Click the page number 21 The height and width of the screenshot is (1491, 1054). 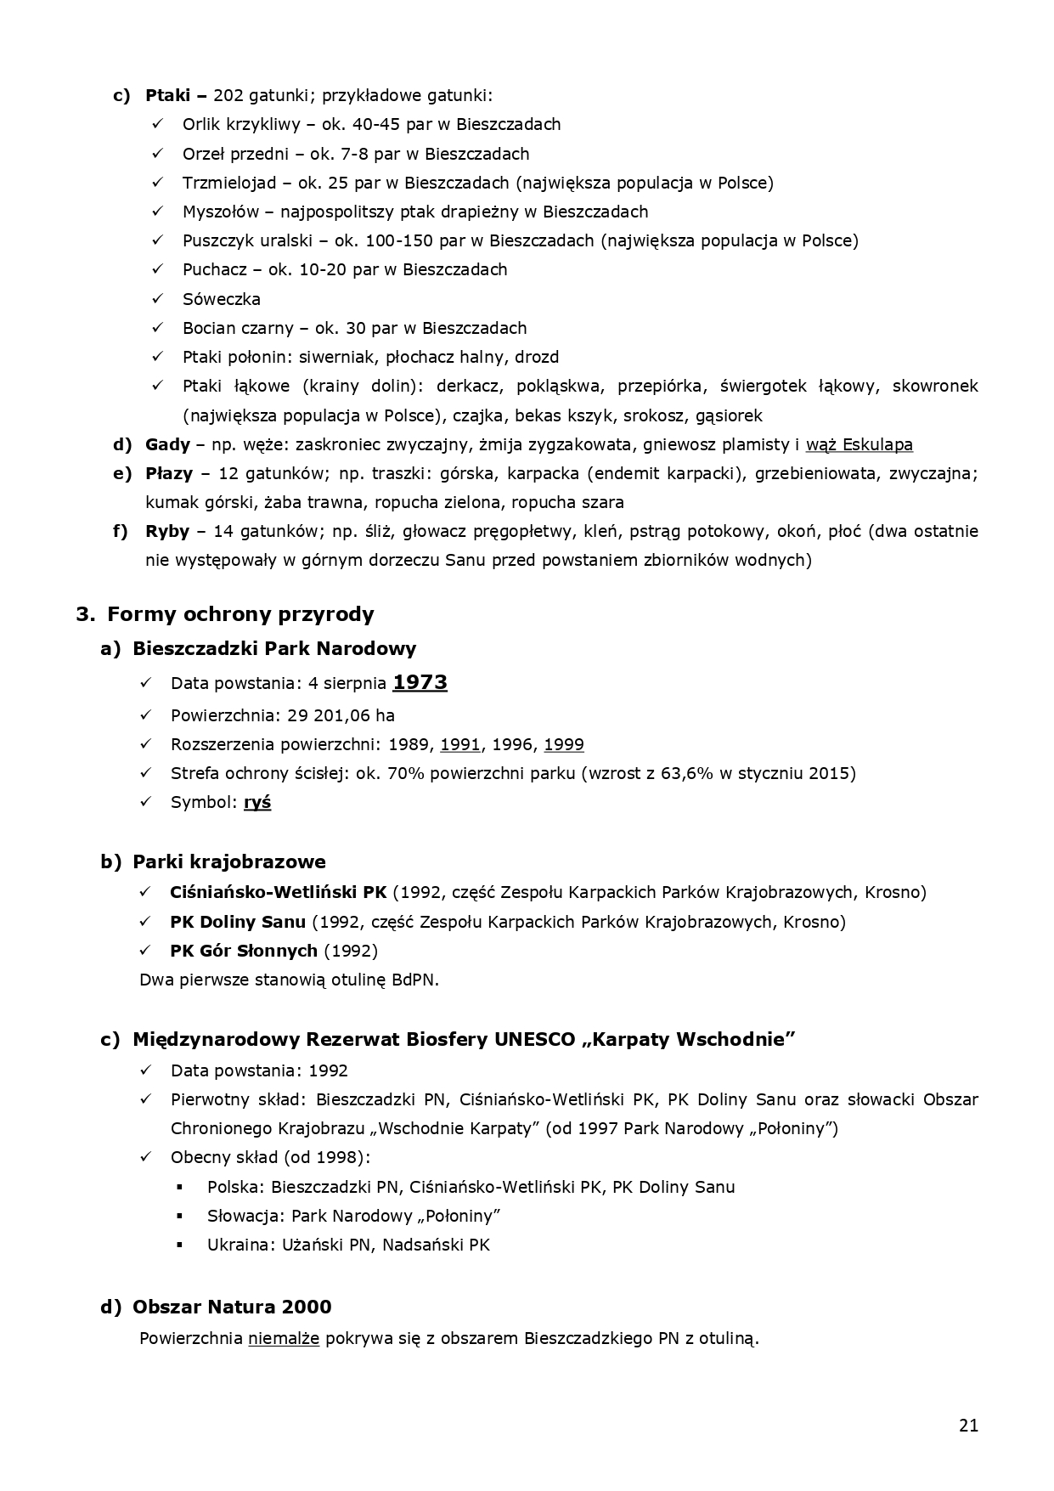(x=968, y=1426)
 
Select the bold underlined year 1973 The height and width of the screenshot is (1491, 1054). (x=420, y=682)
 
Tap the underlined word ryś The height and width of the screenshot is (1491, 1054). (x=257, y=802)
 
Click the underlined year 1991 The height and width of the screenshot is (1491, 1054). (x=460, y=744)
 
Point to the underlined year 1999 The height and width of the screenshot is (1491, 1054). (x=564, y=744)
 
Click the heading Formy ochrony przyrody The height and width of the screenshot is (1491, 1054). (x=240, y=613)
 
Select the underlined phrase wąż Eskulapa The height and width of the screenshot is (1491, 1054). (x=859, y=444)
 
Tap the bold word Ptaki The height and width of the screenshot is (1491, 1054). (x=167, y=95)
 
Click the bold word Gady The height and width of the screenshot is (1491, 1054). (x=167, y=444)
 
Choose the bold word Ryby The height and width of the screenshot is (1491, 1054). (x=167, y=531)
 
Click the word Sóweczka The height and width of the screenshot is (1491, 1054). (x=222, y=299)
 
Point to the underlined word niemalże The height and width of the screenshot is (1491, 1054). (x=284, y=1338)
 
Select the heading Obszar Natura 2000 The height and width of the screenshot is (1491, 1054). (x=232, y=1307)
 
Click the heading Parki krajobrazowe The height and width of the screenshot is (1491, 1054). (x=228, y=861)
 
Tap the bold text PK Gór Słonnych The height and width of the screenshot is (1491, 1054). (x=244, y=950)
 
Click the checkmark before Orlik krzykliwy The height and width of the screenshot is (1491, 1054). (x=157, y=124)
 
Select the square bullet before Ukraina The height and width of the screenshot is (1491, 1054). (x=180, y=1245)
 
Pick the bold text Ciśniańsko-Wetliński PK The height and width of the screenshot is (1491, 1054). (x=278, y=892)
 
